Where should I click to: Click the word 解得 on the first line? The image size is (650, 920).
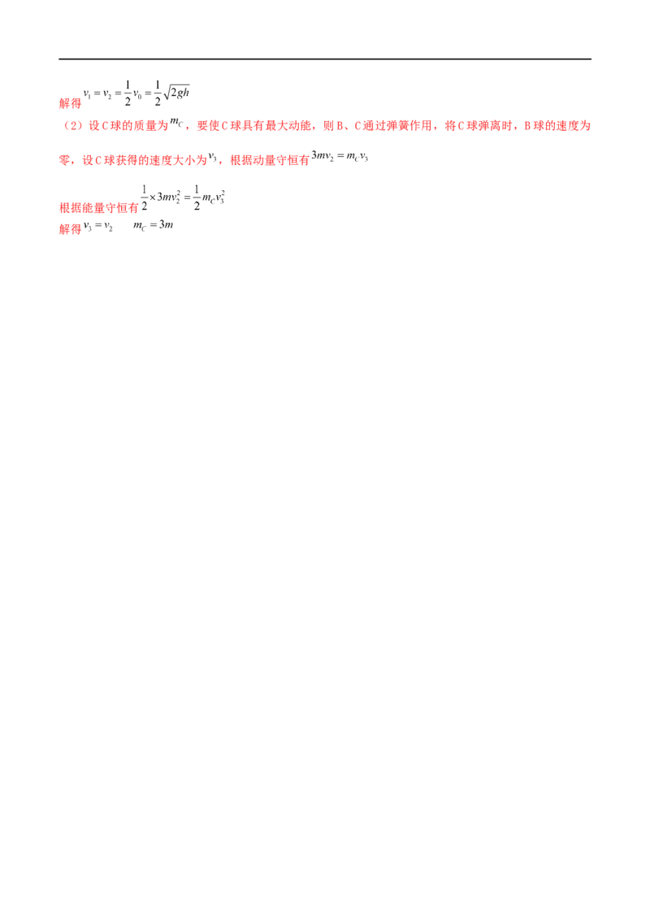click(x=71, y=104)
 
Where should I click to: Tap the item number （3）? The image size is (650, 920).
click(x=70, y=127)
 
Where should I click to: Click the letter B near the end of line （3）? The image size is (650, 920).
click(x=526, y=127)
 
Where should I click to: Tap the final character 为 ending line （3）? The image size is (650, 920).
click(x=587, y=127)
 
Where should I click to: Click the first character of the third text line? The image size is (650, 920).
click(x=63, y=161)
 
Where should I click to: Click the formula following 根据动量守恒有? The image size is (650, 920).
click(x=341, y=157)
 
